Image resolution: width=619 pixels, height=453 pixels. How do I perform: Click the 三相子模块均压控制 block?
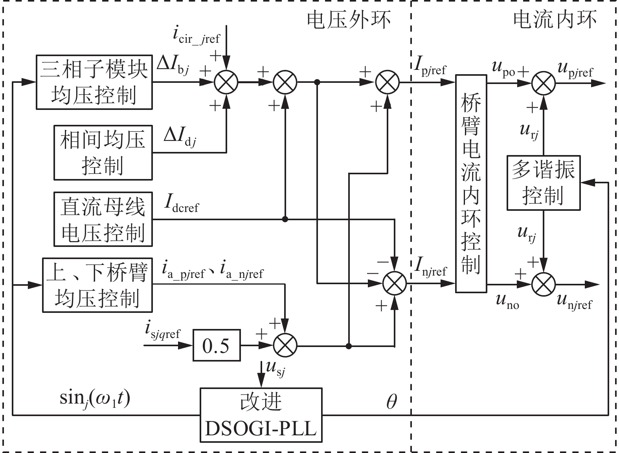pyautogui.click(x=94, y=82)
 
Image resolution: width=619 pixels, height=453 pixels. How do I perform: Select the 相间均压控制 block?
pyautogui.click(x=103, y=153)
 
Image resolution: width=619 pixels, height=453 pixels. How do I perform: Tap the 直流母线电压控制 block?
pyautogui.click(x=103, y=219)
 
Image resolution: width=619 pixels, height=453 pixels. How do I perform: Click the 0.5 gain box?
pyautogui.click(x=216, y=346)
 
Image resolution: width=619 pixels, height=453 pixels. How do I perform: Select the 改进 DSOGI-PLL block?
pyautogui.click(x=261, y=415)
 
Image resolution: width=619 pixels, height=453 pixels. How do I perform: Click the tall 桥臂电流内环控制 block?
pyautogui.click(x=471, y=183)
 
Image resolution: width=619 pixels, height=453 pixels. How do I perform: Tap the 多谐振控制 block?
pyautogui.click(x=543, y=183)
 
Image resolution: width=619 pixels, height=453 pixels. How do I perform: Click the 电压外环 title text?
pyautogui.click(x=349, y=20)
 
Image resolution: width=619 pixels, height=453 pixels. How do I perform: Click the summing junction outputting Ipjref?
pyautogui.click(x=388, y=82)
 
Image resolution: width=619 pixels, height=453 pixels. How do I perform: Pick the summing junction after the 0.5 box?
pyautogui.click(x=285, y=346)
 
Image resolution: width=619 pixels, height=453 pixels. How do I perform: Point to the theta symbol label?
pyautogui.click(x=391, y=401)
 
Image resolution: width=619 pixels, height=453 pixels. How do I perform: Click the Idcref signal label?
pyautogui.click(x=182, y=204)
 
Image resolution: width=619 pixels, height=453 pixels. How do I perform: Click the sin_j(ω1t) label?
pyautogui.click(x=95, y=399)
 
